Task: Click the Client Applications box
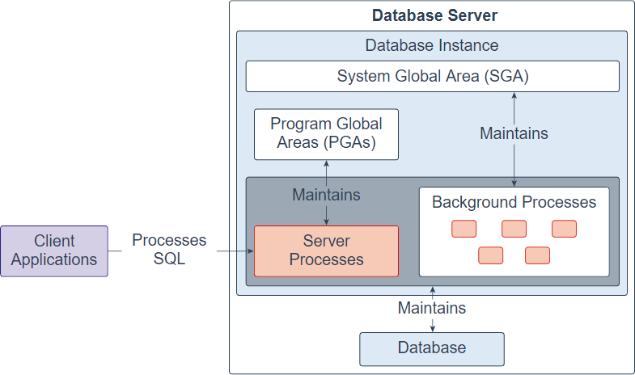(54, 251)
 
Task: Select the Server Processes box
(326, 251)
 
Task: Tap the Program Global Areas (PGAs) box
(326, 134)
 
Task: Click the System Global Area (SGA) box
(432, 77)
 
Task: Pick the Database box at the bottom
(431, 348)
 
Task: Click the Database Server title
(434, 15)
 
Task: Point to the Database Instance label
(432, 45)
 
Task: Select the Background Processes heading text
(514, 202)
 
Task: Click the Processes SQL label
(169, 250)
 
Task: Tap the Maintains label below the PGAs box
(326, 195)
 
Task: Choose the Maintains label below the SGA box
(514, 133)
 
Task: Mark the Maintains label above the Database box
(432, 308)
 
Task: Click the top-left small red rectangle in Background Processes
(464, 229)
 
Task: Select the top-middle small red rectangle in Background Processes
(514, 229)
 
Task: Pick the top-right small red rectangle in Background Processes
(564, 229)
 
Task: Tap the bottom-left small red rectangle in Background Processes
(490, 255)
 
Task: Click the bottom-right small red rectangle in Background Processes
(537, 255)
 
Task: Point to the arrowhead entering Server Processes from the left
(250, 251)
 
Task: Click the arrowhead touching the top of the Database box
(433, 328)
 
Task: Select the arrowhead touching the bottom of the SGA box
(514, 95)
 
